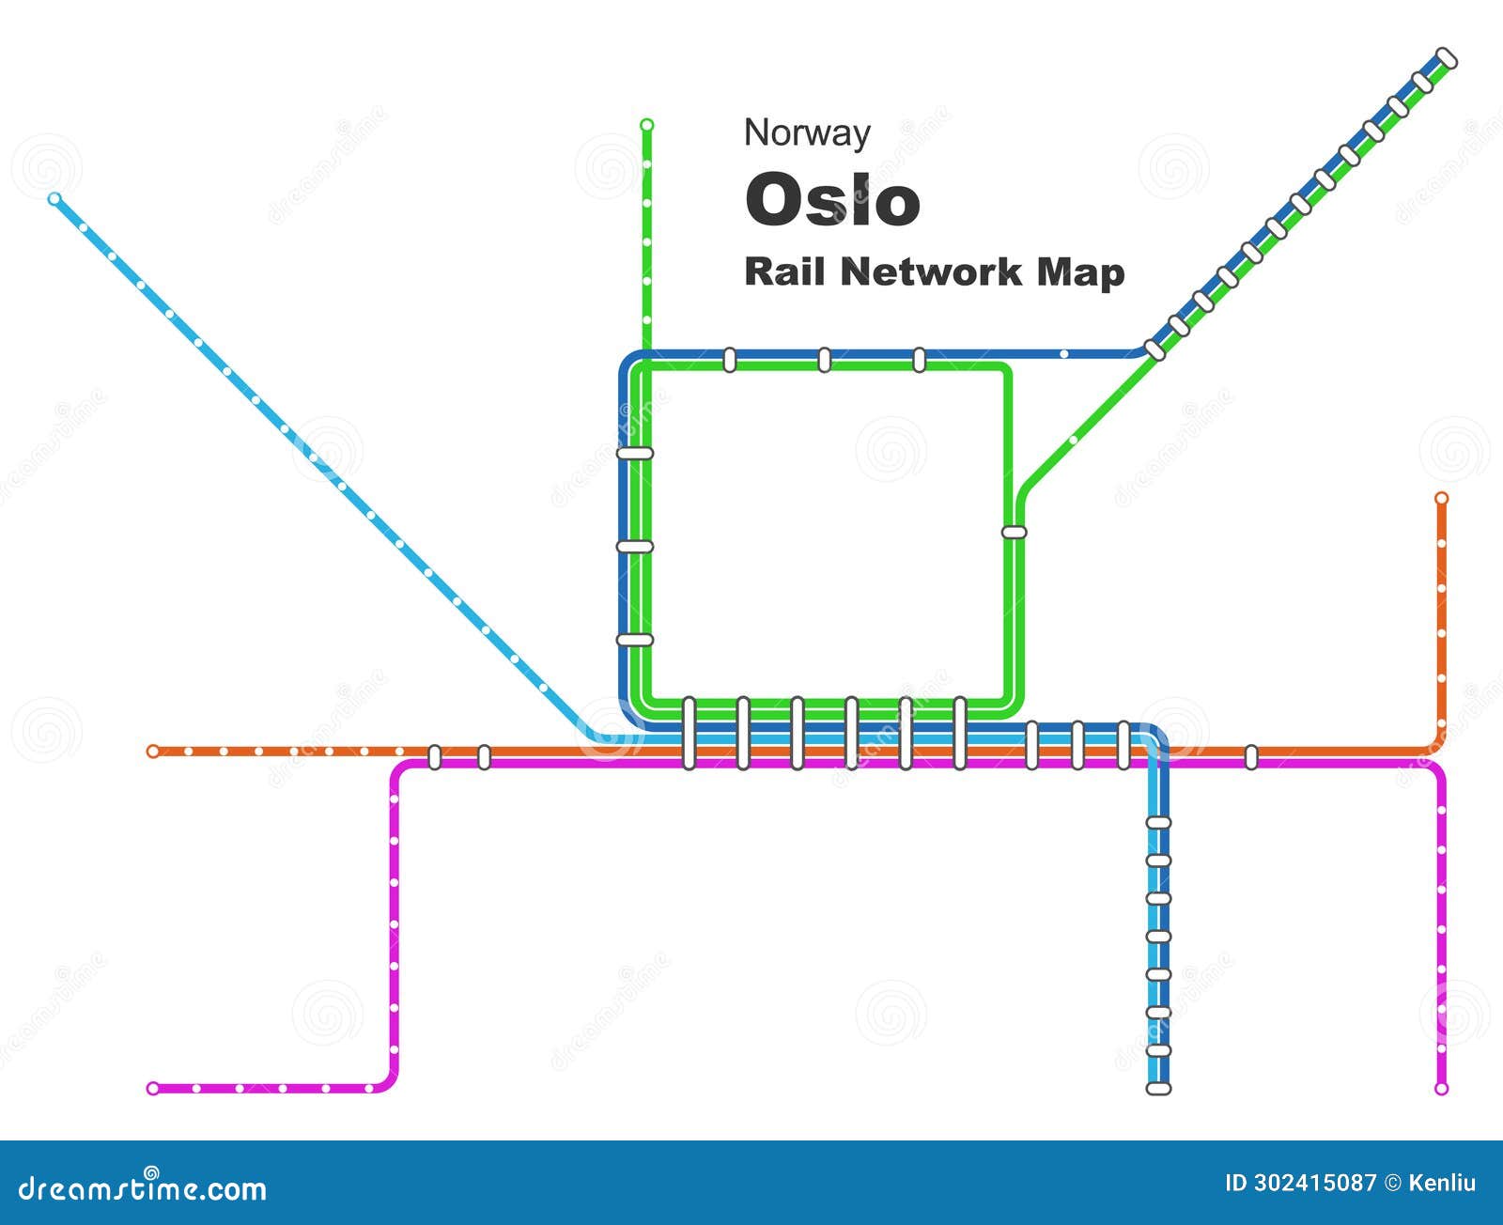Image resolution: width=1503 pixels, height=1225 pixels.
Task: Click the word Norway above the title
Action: (807, 133)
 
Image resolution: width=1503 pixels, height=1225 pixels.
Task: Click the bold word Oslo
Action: (832, 200)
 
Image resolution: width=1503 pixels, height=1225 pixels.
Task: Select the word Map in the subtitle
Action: (1080, 271)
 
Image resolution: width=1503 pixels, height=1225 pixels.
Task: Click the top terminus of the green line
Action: (646, 125)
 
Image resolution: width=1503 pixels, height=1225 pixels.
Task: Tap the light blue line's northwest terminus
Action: (54, 199)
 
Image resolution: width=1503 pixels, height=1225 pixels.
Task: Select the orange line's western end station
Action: (153, 752)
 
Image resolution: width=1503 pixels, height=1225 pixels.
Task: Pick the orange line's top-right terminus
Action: (1442, 498)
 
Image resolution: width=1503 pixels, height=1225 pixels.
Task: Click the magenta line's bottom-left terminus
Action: (153, 1089)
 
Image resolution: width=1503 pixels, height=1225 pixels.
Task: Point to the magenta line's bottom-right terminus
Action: (1442, 1089)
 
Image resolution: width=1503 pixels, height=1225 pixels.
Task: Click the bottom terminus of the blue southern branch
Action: (1159, 1089)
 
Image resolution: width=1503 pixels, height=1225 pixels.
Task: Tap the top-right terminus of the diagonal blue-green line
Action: (1447, 58)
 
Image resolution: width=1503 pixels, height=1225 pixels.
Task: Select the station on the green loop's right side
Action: (1015, 532)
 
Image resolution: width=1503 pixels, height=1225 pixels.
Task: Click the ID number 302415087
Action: (1314, 1183)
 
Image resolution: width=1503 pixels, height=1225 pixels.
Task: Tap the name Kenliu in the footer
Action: (1442, 1183)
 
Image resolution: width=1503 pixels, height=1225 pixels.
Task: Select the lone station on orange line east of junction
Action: (1251, 757)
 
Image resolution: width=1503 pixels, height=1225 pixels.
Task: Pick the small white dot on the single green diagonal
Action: (1073, 440)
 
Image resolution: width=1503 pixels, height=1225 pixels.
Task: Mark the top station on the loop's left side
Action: (635, 454)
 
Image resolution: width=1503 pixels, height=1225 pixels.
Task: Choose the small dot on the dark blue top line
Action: (1064, 354)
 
